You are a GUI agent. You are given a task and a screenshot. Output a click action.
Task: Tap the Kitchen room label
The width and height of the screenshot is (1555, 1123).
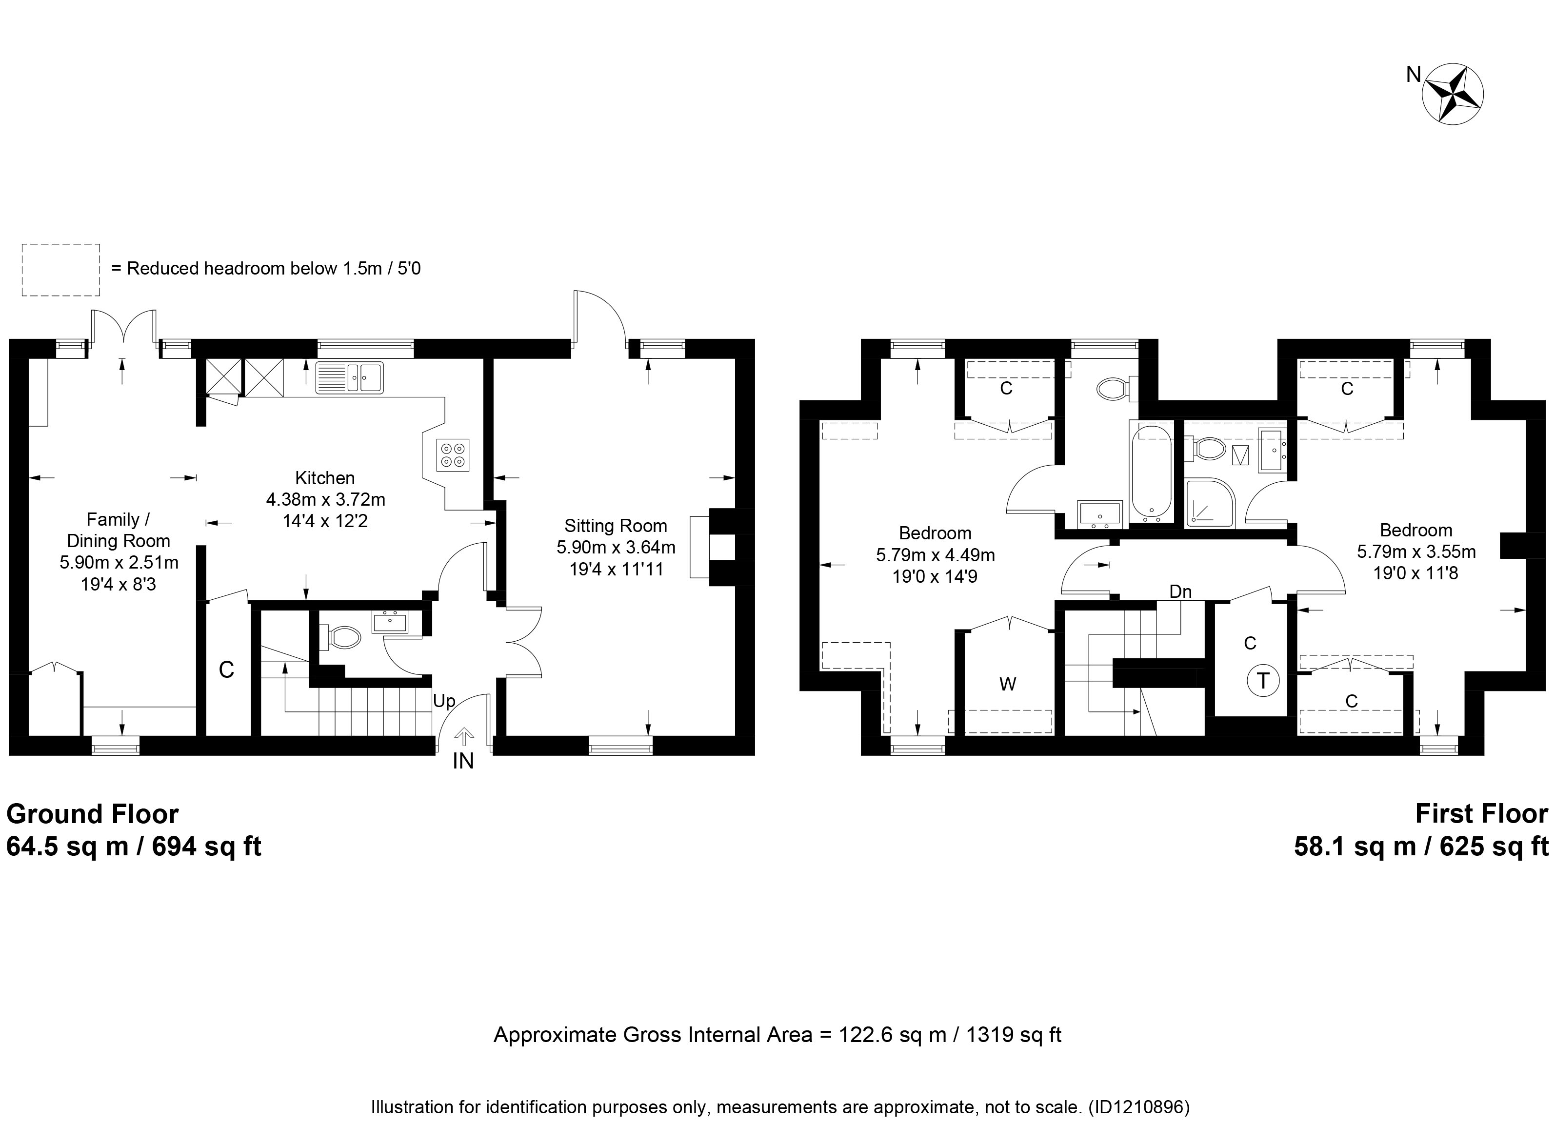[325, 478]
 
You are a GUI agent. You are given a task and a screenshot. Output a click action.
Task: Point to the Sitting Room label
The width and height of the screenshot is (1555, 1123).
[616, 526]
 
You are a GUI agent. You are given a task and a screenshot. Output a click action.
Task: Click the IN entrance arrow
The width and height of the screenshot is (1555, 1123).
[464, 737]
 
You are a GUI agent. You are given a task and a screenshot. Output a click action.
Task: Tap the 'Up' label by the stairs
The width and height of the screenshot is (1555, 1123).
[444, 701]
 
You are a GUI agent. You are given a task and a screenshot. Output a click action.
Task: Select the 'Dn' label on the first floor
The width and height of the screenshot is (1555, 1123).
[1181, 591]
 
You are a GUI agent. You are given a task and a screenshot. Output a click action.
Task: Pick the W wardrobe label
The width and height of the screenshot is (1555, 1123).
[1007, 684]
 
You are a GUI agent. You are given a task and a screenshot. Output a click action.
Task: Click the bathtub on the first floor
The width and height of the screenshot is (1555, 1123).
[1151, 472]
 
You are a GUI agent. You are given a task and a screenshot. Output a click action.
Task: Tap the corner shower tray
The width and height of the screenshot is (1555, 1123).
[1210, 503]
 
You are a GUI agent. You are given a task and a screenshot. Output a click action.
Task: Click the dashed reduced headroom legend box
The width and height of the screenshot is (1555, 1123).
[61, 270]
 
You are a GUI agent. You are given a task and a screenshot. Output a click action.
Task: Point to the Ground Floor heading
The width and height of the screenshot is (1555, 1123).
[93, 814]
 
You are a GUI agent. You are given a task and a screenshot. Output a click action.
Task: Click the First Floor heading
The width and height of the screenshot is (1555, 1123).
[1481, 814]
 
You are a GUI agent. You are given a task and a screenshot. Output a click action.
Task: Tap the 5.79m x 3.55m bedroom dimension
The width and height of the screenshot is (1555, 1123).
[1416, 551]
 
